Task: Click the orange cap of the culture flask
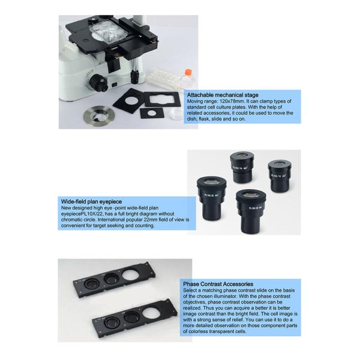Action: click(188, 71)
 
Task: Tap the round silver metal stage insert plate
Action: click(99, 115)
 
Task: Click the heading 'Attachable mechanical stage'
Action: click(223, 95)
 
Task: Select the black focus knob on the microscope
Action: click(98, 83)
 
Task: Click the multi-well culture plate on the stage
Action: click(108, 32)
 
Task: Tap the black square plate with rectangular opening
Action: click(162, 99)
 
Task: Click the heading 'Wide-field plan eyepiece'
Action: click(91, 202)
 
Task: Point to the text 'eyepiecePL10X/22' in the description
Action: click(82, 214)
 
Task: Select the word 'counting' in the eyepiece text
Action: click(145, 226)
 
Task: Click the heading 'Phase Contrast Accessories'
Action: click(218, 284)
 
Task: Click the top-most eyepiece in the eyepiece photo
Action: click(242, 167)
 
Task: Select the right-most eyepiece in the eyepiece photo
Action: click(280, 176)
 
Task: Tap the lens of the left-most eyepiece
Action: click(211, 181)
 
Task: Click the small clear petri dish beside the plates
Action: click(176, 113)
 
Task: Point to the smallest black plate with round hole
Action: click(152, 113)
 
